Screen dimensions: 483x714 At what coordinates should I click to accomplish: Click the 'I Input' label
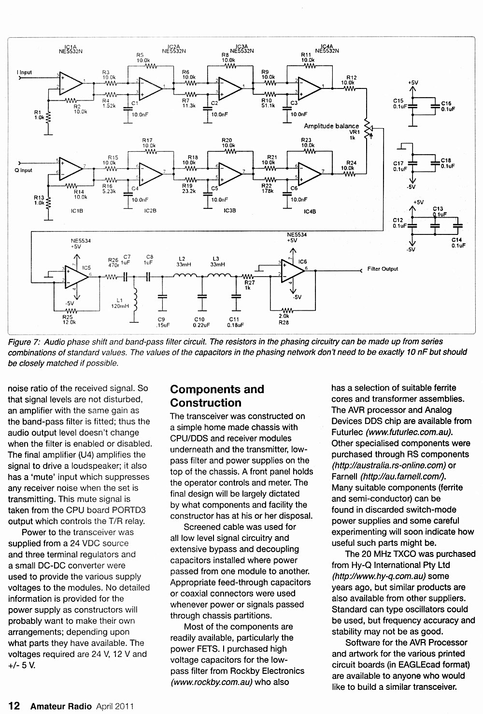[24, 73]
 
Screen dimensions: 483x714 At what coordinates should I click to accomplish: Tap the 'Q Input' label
[24, 170]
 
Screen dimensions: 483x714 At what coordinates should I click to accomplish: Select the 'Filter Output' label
[383, 269]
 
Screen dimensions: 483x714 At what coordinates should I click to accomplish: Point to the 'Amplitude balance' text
[331, 126]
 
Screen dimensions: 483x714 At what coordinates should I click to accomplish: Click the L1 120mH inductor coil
[135, 300]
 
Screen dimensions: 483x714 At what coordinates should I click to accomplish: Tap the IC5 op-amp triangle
[76, 277]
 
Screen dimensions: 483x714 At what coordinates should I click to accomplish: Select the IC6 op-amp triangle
[293, 271]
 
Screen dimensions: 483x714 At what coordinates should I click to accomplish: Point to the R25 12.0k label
[69, 320]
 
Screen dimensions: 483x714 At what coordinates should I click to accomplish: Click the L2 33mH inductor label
[182, 262]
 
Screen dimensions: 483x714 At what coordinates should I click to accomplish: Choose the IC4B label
[310, 211]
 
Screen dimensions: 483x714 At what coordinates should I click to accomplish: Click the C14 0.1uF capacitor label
[458, 243]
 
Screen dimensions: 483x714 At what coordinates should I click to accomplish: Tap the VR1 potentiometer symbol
[368, 129]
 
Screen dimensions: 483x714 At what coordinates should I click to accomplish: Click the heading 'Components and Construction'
[217, 396]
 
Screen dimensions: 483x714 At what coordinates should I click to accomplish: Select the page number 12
[14, 706]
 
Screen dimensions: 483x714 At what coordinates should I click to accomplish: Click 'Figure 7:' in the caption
[24, 342]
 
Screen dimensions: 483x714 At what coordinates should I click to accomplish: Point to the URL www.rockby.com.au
[212, 682]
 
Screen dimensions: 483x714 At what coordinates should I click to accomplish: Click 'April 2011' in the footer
[115, 706]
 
